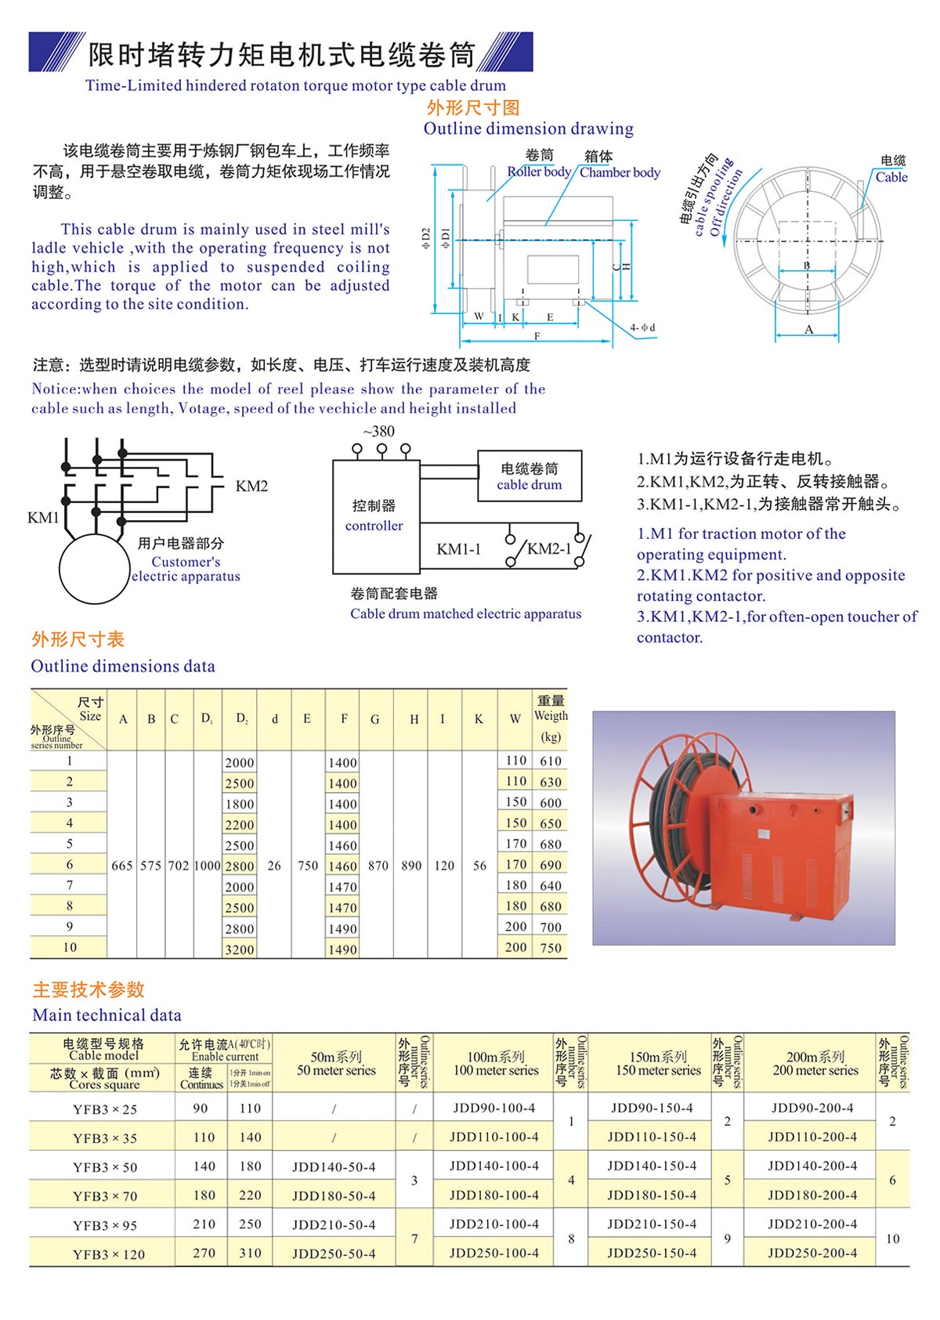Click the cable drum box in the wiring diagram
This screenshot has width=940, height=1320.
[530, 476]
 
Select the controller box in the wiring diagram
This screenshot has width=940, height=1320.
[374, 516]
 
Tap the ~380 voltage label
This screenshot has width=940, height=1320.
[379, 432]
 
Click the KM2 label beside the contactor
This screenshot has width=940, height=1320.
[251, 486]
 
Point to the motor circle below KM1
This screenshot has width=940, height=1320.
[95, 570]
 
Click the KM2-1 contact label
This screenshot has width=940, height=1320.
[548, 549]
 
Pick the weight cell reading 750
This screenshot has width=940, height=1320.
[551, 948]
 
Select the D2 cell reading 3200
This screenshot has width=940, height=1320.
[240, 949]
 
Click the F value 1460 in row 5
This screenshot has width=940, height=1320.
[343, 846]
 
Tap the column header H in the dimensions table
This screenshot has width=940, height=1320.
[414, 719]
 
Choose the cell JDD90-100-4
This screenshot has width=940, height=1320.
[494, 1108]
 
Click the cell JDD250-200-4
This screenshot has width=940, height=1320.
[812, 1253]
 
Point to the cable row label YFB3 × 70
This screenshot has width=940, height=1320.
[105, 1196]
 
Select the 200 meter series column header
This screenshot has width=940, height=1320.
[815, 1063]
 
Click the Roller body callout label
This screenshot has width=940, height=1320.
[539, 172]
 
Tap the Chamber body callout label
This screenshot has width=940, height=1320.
[620, 172]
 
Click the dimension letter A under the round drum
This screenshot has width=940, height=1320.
[808, 330]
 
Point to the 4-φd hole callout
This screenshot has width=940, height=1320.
[642, 327]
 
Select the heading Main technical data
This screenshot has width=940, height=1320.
[107, 1015]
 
